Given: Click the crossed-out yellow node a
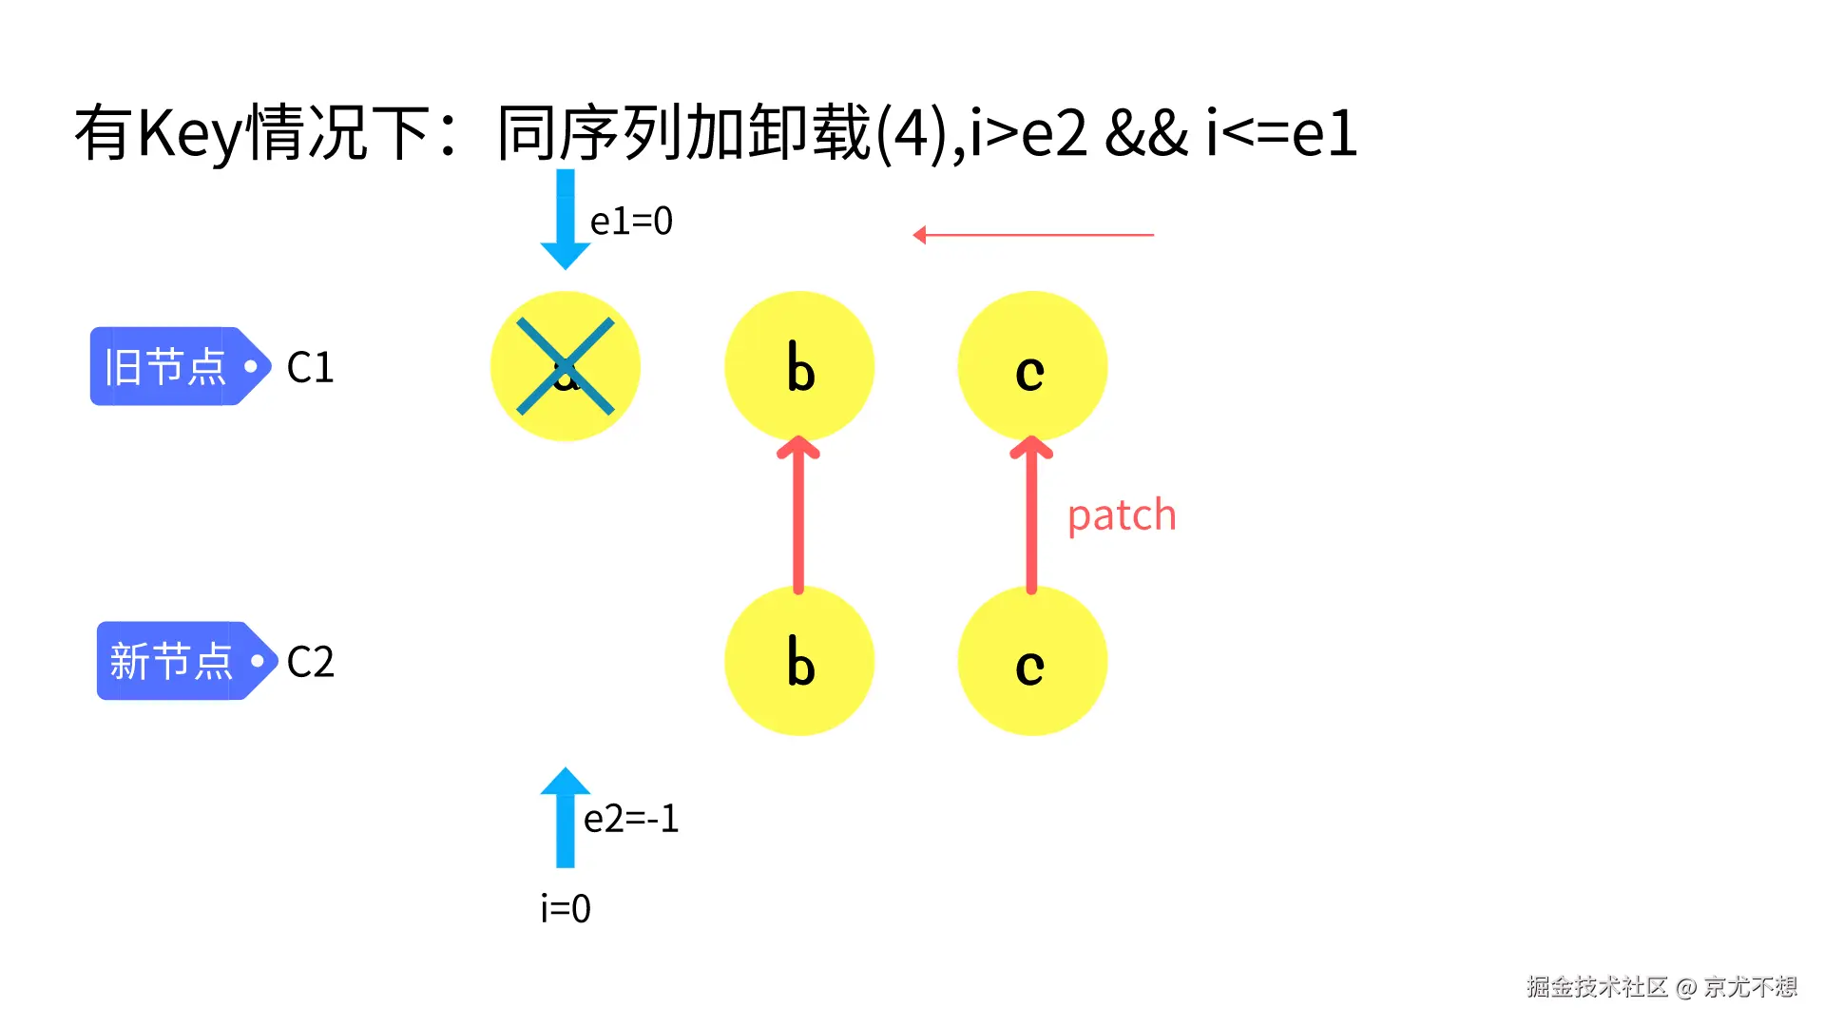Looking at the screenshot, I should coord(566,366).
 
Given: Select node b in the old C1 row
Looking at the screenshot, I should coord(799,366).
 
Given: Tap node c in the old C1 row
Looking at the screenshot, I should coord(1032,366).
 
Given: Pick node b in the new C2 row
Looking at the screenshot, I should coord(799,661).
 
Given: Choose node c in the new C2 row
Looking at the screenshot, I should coord(1032,661).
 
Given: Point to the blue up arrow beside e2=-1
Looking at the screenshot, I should coord(566,818).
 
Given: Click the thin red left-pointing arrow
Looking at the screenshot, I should coord(1033,235).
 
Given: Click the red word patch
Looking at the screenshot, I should coord(1122,515).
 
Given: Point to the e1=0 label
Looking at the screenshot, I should coord(631,222).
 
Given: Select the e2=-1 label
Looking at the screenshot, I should coord(631,819).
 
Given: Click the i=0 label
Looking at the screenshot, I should coord(566,909).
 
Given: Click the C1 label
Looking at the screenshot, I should coord(311,367).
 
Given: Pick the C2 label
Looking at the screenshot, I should coord(311,662).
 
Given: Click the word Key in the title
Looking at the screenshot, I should coord(190,133).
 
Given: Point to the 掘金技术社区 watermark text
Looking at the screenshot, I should coord(1597,987).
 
